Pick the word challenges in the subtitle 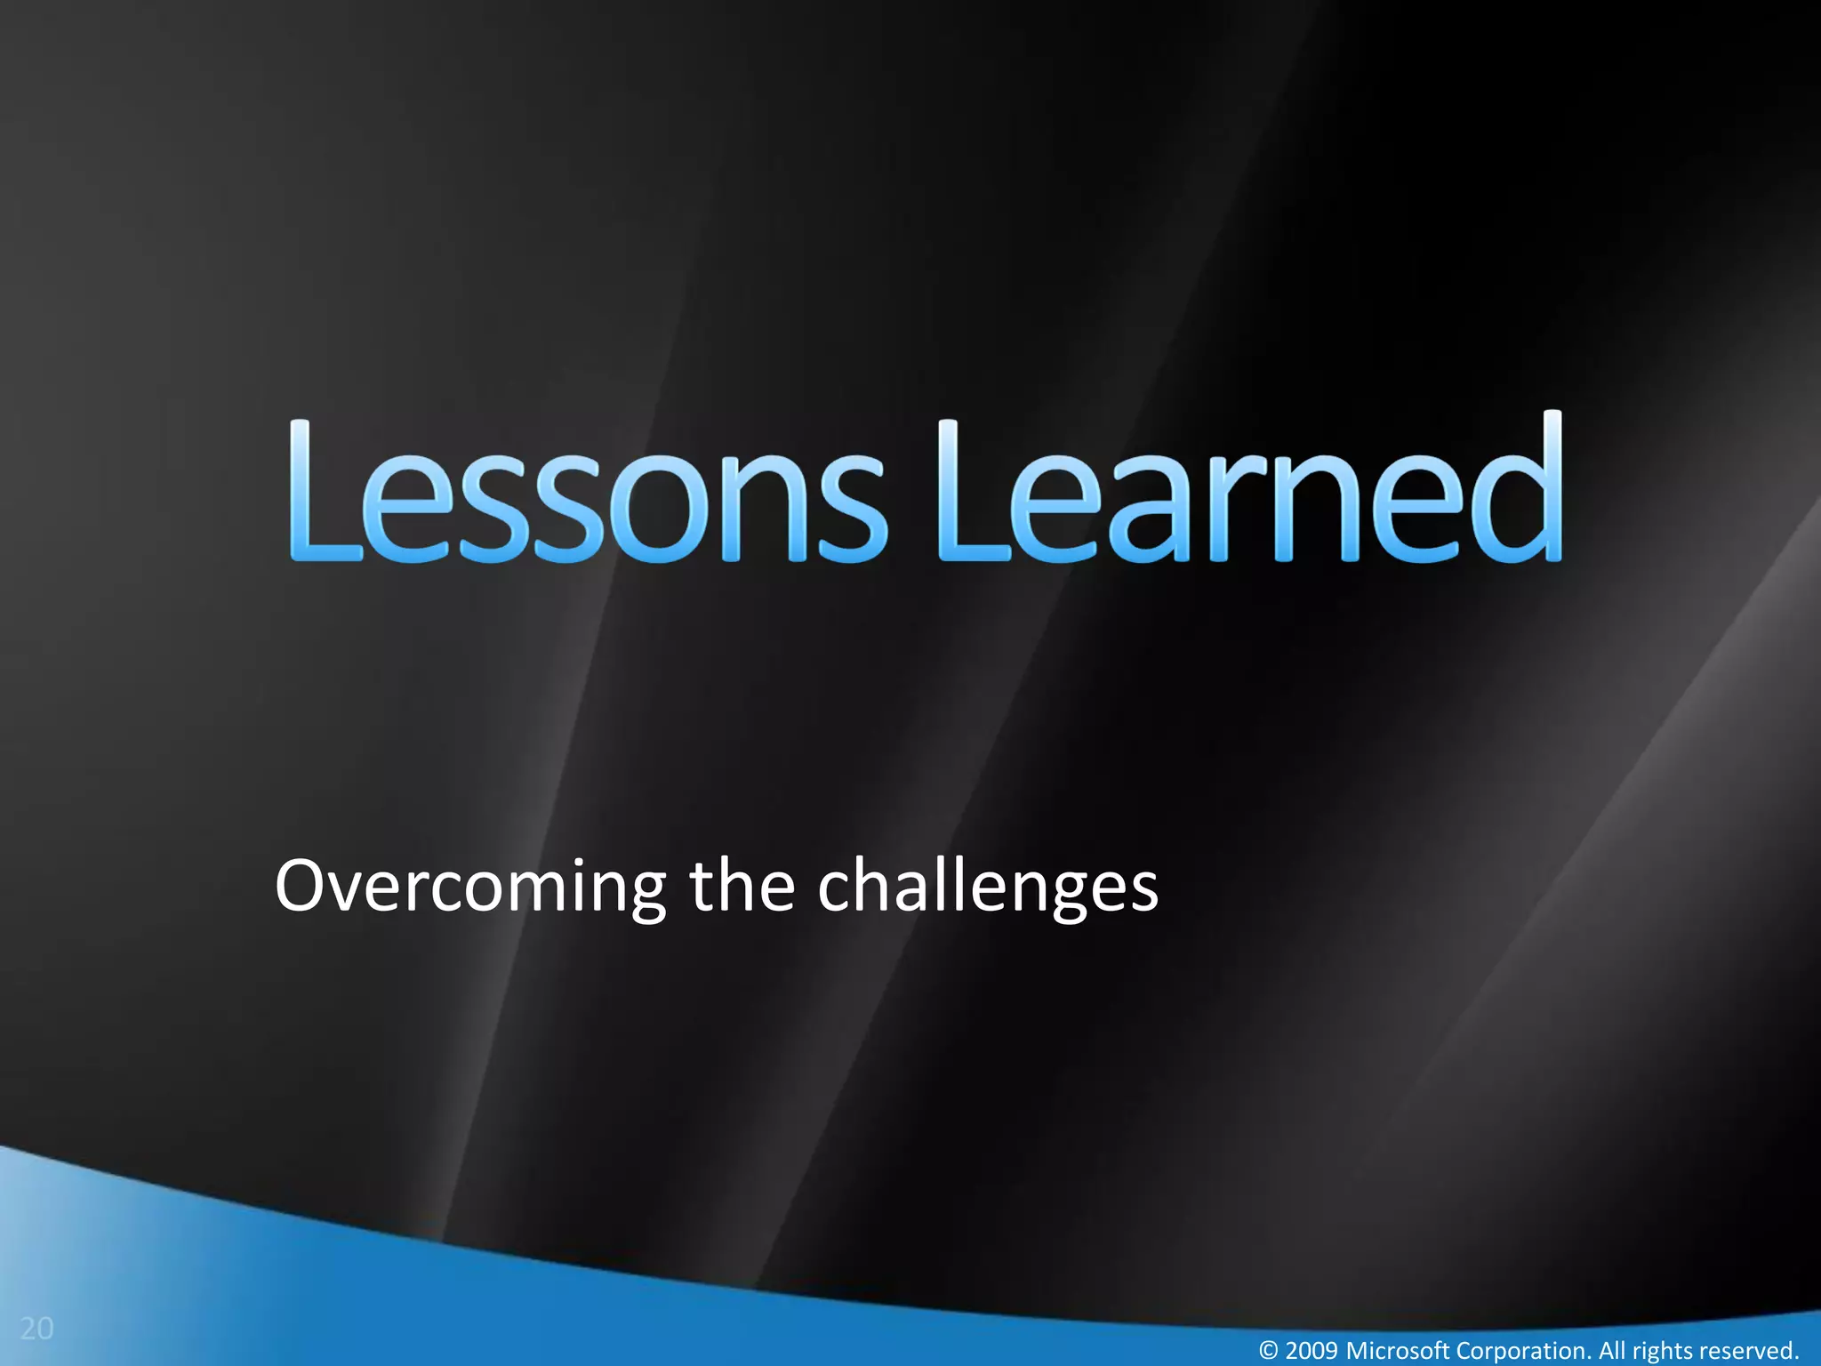tap(987, 888)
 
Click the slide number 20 tap(36, 1329)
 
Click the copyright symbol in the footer tap(1270, 1351)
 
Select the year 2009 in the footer tap(1312, 1351)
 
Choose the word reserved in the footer tap(1747, 1351)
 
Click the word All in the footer tap(1613, 1351)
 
